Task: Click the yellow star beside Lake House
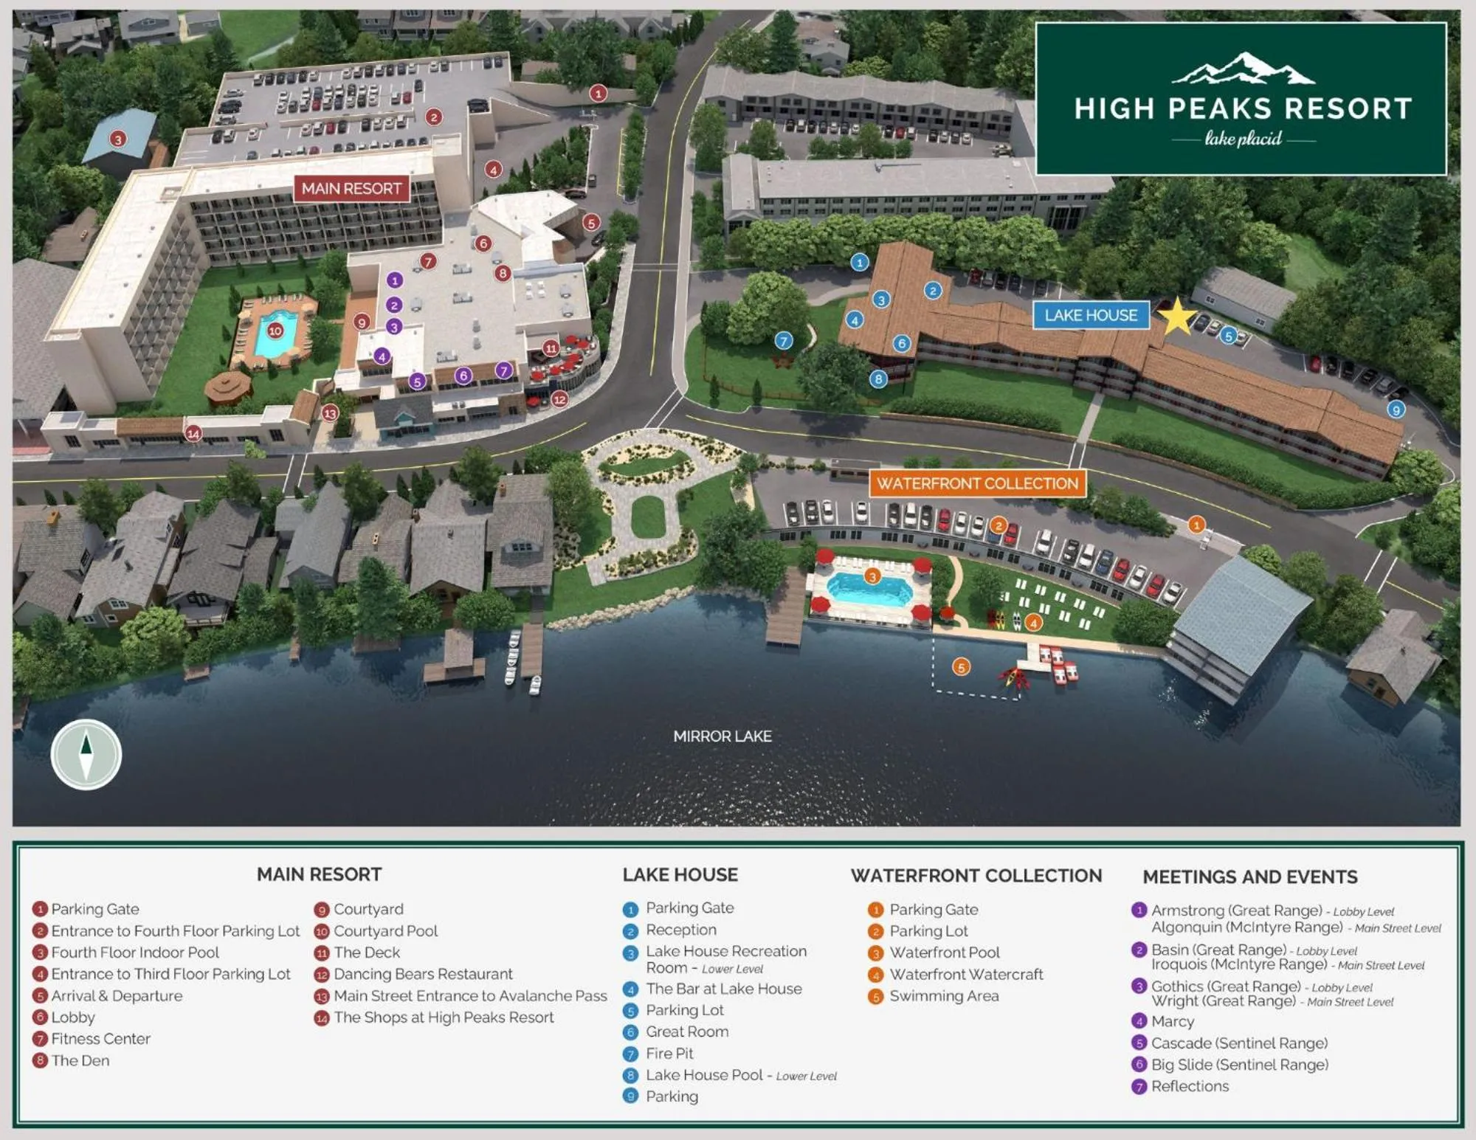click(x=1176, y=316)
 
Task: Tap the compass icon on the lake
click(x=86, y=754)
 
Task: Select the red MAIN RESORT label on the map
click(x=351, y=188)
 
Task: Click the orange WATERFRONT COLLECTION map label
click(x=977, y=483)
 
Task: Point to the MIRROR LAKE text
click(x=722, y=736)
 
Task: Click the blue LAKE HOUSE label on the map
click(x=1090, y=315)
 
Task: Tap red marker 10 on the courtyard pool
click(x=275, y=331)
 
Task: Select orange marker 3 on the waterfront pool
click(x=872, y=576)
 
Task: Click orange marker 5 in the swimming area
click(x=960, y=667)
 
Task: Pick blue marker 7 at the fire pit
click(x=783, y=340)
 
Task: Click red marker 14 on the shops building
click(x=193, y=433)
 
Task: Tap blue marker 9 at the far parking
click(x=1395, y=410)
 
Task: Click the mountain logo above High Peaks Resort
click(x=1243, y=68)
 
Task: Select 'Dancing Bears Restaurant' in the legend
click(x=422, y=974)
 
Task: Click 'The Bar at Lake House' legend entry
click(x=723, y=989)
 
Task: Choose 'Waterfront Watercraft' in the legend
click(x=965, y=974)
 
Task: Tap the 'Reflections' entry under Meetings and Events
click(x=1189, y=1086)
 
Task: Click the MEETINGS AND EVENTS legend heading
click(x=1249, y=877)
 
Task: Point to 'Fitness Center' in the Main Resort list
click(x=100, y=1039)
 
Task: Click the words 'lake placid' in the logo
click(x=1243, y=138)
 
